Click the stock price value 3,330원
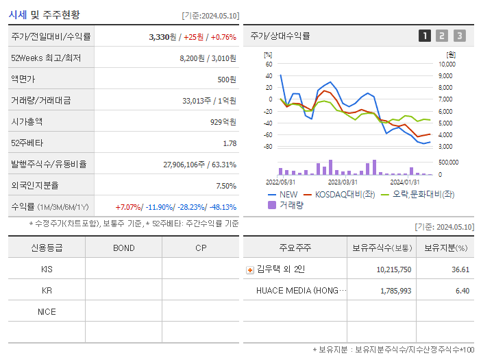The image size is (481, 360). (x=162, y=37)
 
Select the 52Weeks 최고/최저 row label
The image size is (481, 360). (x=45, y=58)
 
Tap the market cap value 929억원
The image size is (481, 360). (x=222, y=122)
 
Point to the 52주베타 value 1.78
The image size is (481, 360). (x=230, y=143)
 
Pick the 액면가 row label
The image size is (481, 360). (x=25, y=80)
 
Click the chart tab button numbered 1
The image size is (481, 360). (x=425, y=36)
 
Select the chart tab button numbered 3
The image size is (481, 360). (x=459, y=36)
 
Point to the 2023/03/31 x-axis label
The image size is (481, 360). (x=343, y=182)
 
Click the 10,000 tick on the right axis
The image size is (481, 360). (x=445, y=64)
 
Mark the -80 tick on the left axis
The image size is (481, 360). (x=268, y=147)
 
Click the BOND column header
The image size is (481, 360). (x=123, y=248)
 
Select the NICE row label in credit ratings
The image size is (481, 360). (x=47, y=311)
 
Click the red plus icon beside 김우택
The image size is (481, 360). (x=249, y=269)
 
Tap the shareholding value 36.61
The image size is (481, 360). (x=460, y=269)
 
